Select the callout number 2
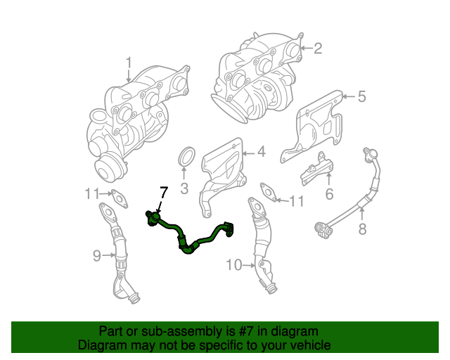(317, 48)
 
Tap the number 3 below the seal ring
(184, 188)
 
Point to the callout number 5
(361, 97)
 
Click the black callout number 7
(163, 192)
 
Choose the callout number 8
(362, 229)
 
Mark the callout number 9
(97, 256)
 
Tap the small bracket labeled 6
(319, 169)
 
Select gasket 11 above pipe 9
(120, 200)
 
